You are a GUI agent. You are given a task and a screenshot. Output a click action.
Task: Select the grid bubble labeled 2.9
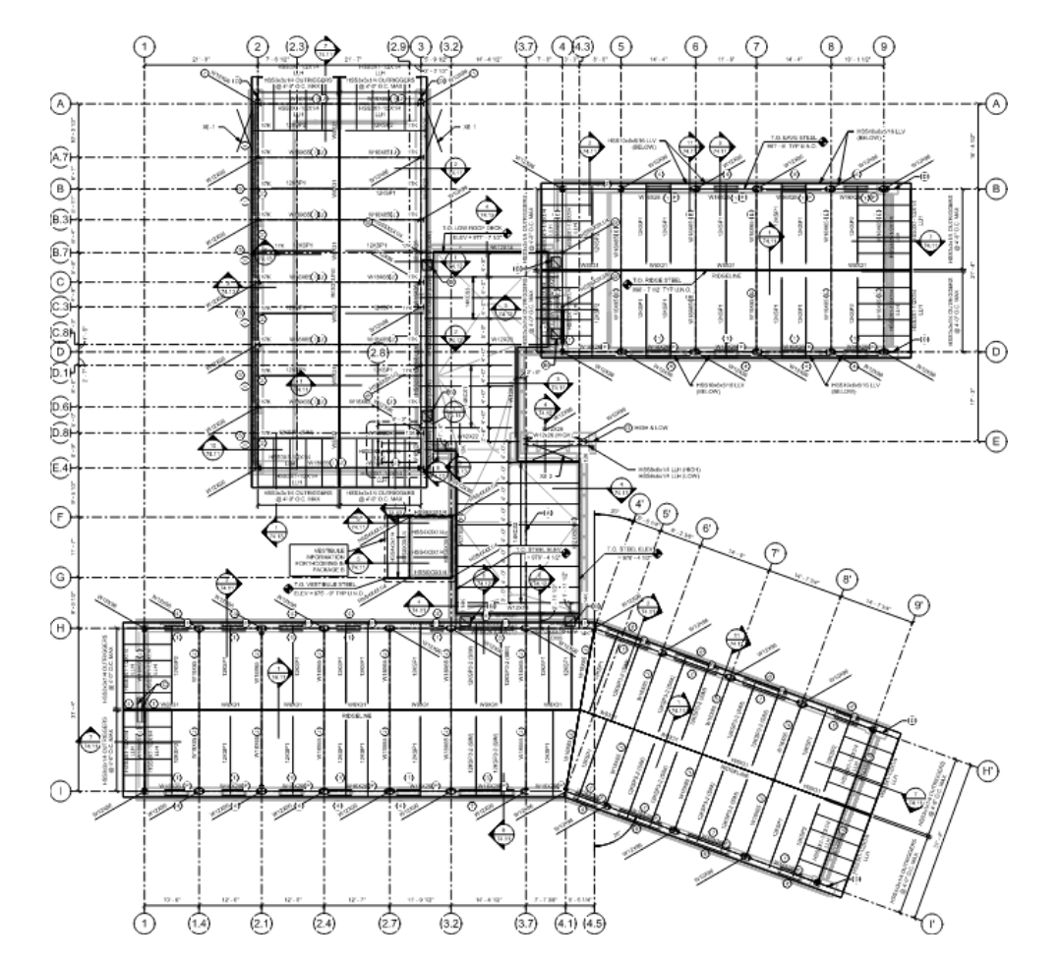[x=398, y=46]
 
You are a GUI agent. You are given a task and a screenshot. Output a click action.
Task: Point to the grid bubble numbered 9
[x=884, y=46]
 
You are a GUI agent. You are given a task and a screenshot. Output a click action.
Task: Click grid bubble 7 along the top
[x=755, y=46]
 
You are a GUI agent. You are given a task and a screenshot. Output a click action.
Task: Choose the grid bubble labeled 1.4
[x=201, y=923]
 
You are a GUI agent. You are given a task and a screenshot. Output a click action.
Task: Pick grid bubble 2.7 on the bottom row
[x=389, y=923]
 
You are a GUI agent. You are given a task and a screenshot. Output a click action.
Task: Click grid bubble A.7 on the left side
[x=61, y=157]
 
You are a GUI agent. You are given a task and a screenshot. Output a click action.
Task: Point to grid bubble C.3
[x=61, y=308]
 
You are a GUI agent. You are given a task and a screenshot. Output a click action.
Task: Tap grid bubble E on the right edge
[x=995, y=442]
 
